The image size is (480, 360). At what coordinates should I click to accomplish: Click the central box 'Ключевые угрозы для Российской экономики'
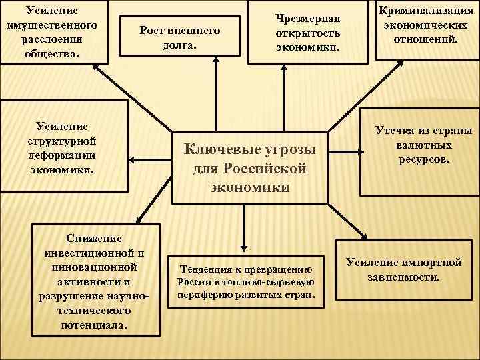click(250, 167)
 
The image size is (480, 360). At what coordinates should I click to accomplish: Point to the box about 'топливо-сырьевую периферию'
click(246, 282)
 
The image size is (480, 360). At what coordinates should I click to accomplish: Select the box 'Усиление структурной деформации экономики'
click(64, 148)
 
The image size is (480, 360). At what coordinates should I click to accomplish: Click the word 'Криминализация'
click(427, 11)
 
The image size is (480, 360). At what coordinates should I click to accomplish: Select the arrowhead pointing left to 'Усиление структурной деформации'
click(132, 159)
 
